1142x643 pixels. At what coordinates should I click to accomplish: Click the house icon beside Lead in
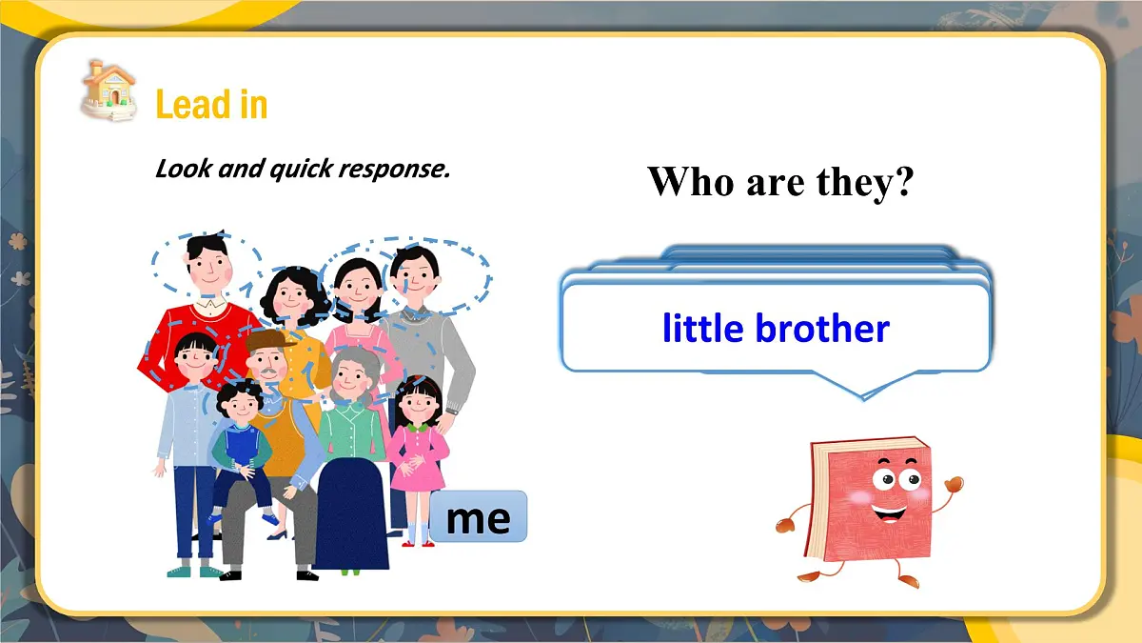coord(108,90)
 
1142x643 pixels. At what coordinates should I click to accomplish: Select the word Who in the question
coord(691,181)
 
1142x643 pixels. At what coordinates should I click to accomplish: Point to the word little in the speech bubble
coord(702,329)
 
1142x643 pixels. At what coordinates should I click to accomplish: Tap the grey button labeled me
coord(478,517)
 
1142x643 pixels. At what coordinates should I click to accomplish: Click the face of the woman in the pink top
coord(356,282)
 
